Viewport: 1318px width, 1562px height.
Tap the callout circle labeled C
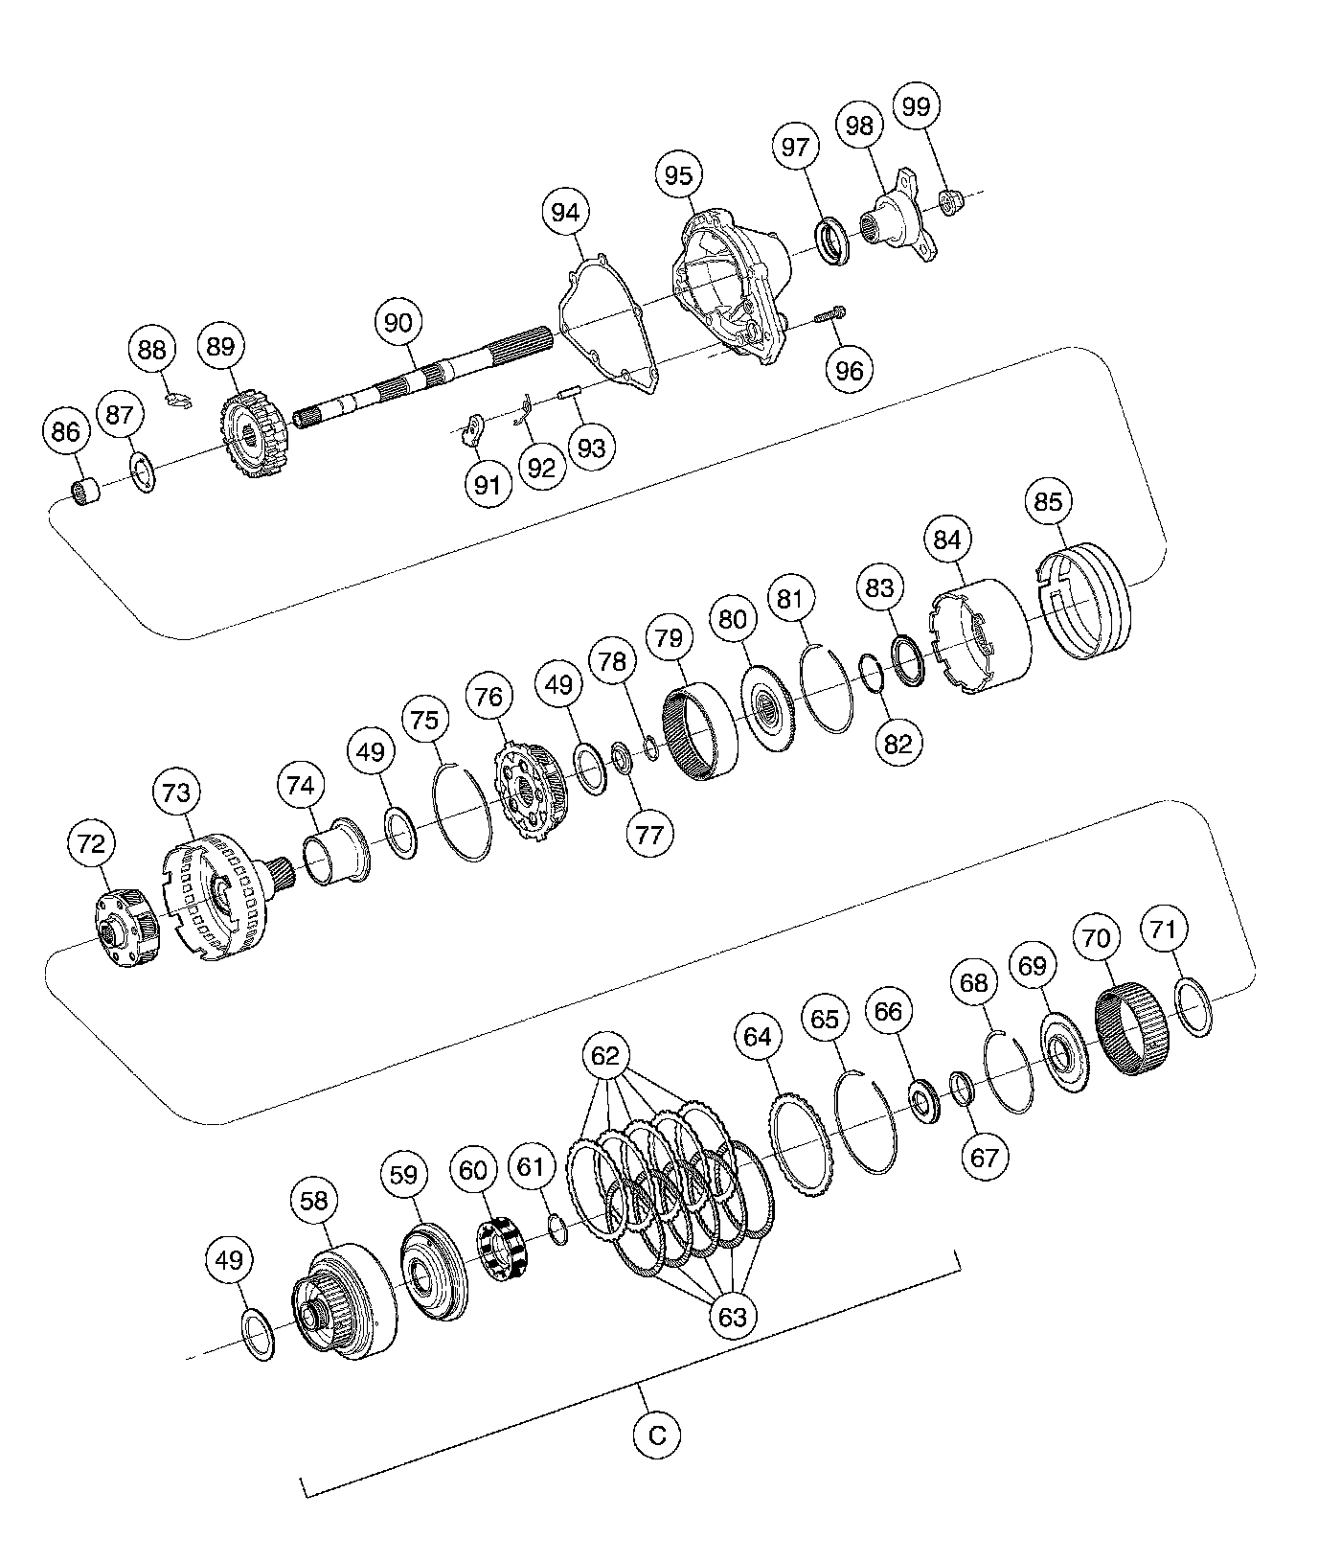[x=656, y=1435]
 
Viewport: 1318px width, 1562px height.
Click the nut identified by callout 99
[x=950, y=200]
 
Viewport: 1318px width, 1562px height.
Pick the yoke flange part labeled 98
[x=898, y=218]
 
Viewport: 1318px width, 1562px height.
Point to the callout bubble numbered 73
[x=177, y=792]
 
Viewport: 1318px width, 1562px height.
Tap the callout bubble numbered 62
[x=605, y=1056]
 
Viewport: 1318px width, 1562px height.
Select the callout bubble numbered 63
[x=731, y=1317]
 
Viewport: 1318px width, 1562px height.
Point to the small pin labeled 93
[x=570, y=393]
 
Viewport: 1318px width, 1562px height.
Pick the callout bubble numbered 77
[x=648, y=834]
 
